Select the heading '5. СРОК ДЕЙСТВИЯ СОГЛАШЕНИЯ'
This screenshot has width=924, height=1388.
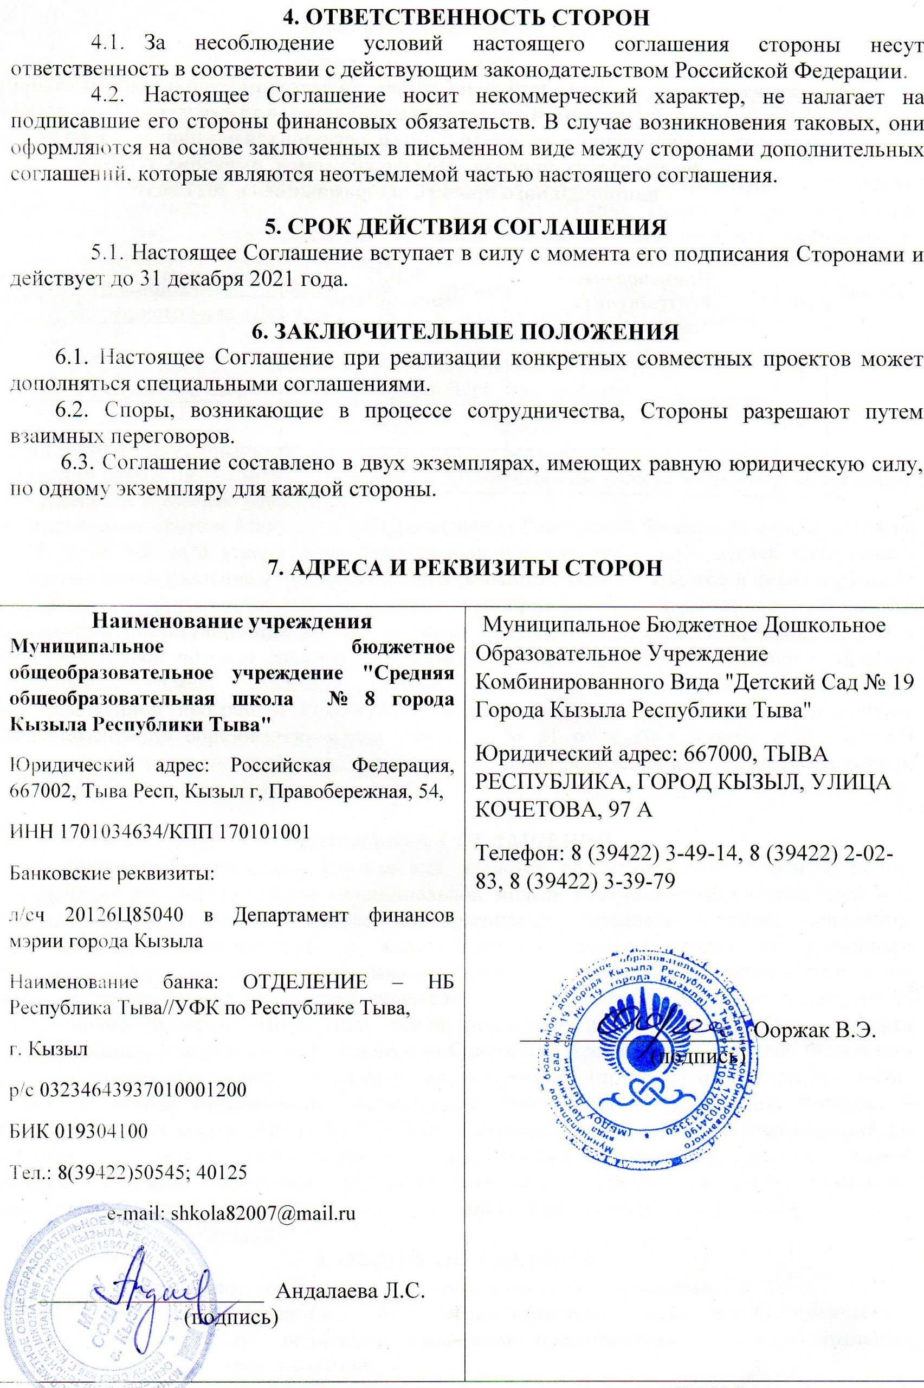(x=466, y=228)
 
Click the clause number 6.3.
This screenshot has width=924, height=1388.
(x=80, y=464)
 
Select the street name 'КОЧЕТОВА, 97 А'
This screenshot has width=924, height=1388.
(x=564, y=811)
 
